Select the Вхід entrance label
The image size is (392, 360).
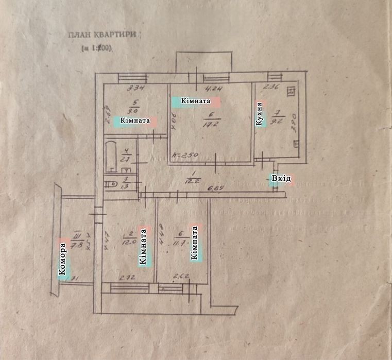point(281,179)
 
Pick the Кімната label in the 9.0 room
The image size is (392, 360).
point(134,121)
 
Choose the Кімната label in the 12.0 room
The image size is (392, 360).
point(143,247)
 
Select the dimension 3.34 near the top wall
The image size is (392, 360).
point(135,88)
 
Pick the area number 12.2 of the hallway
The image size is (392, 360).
point(194,180)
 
